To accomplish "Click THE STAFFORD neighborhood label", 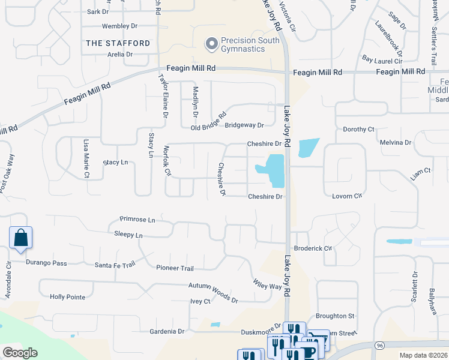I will click(x=118, y=43).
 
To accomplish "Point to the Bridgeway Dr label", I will click(x=244, y=125).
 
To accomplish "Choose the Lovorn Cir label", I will click(x=348, y=196).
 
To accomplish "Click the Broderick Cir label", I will click(x=313, y=248).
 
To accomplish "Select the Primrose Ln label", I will click(x=137, y=220).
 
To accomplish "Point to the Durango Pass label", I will click(x=47, y=263).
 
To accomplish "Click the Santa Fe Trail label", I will click(x=115, y=265).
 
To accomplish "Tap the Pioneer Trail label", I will click(x=175, y=268).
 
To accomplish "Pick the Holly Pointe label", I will click(x=67, y=297).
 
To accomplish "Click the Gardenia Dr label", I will click(x=166, y=331).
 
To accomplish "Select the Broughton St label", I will click(x=335, y=316).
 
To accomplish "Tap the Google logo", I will click(x=20, y=353).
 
